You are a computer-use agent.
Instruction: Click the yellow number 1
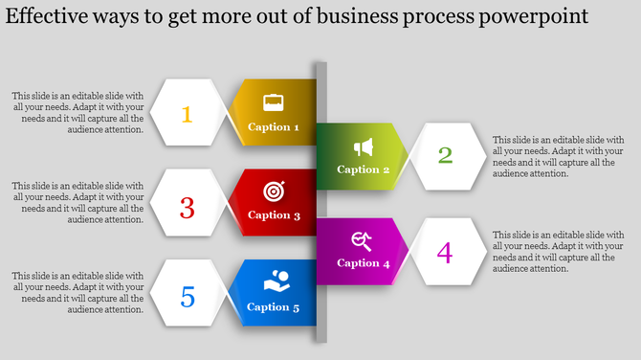tap(187, 115)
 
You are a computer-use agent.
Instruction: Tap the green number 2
tap(445, 155)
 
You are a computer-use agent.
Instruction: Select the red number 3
tap(188, 207)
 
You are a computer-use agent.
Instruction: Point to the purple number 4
tap(444, 253)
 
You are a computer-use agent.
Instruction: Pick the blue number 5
tap(188, 298)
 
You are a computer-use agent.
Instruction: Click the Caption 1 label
tap(274, 126)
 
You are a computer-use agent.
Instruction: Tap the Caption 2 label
tap(364, 169)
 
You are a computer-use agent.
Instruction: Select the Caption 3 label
tap(274, 214)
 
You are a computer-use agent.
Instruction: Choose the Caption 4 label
tap(364, 262)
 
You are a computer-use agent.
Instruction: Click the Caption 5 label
tap(274, 306)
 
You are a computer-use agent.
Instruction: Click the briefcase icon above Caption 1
tap(274, 101)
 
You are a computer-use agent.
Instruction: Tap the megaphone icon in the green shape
tap(364, 146)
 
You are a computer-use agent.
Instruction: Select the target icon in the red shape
tap(274, 191)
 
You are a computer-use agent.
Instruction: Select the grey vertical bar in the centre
tap(321, 201)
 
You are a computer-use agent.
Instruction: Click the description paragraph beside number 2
tap(558, 156)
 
